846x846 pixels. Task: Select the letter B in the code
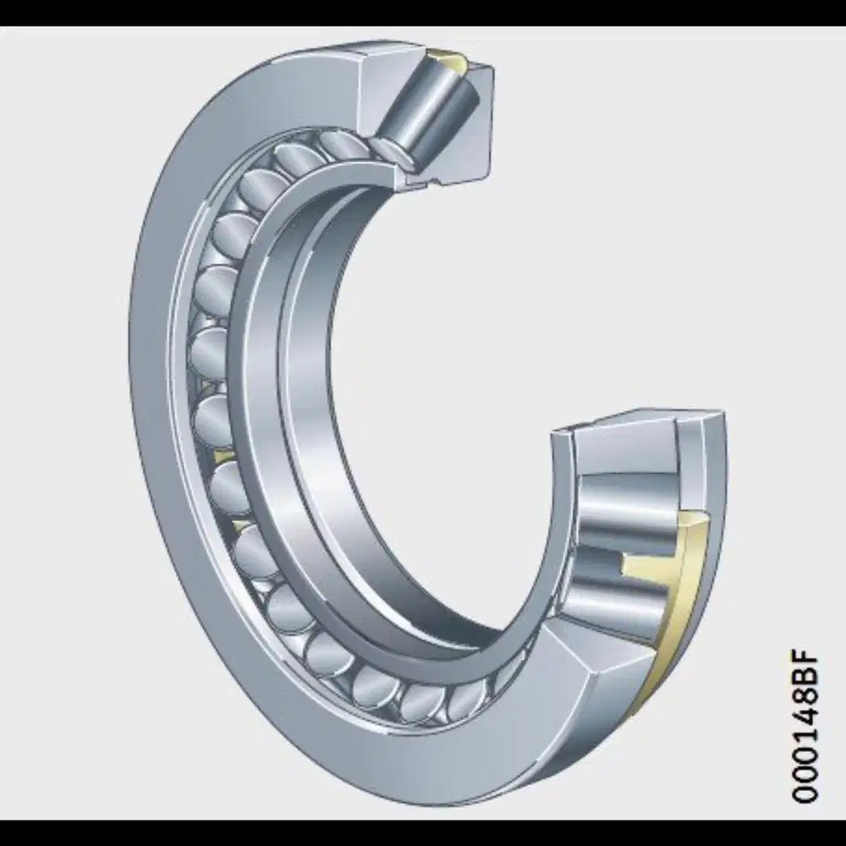click(x=805, y=678)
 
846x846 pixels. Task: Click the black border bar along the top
click(x=423, y=12)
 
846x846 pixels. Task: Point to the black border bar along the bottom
click(x=423, y=833)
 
